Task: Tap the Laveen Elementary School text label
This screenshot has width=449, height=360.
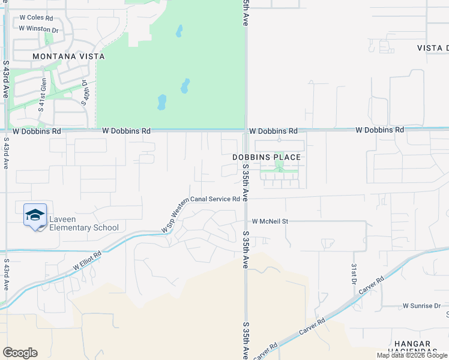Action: click(84, 223)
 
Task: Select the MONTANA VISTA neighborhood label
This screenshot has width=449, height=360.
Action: click(68, 56)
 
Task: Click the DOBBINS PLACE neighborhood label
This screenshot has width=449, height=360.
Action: click(267, 157)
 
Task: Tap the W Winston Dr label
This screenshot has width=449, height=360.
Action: click(38, 28)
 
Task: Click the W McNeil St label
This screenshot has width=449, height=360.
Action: click(270, 221)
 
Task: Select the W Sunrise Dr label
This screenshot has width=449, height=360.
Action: click(421, 305)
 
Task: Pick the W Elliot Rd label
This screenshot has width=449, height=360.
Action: click(88, 260)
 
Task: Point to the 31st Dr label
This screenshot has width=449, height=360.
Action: click(354, 273)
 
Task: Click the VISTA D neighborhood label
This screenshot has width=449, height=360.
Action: click(432, 48)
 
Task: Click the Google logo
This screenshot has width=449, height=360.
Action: click(20, 353)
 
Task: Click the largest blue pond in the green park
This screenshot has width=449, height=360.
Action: click(161, 103)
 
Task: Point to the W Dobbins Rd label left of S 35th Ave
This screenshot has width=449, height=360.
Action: click(126, 130)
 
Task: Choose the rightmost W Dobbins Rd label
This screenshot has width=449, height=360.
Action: click(379, 130)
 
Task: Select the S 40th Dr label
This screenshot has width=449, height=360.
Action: click(85, 93)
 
